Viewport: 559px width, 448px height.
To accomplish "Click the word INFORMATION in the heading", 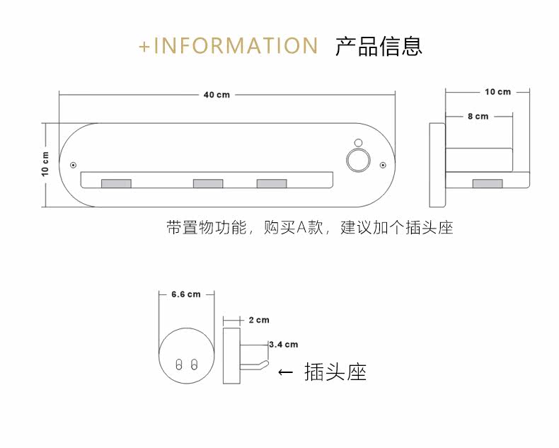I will tap(236, 46).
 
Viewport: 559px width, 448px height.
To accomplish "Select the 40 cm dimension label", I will tap(217, 94).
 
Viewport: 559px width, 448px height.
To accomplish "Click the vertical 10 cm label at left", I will tap(45, 164).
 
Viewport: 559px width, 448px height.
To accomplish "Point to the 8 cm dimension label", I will tap(478, 116).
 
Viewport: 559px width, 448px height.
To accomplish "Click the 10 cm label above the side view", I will tap(497, 92).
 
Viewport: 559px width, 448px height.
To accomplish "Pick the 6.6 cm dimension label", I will tap(186, 294).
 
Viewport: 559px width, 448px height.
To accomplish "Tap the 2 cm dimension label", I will tap(260, 321).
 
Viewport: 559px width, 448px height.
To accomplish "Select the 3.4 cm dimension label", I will tap(284, 345).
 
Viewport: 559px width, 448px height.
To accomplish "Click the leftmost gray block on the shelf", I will tap(116, 183).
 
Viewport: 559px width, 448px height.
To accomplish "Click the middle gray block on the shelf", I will tap(208, 183).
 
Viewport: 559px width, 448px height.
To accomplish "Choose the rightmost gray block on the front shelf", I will tap(272, 183).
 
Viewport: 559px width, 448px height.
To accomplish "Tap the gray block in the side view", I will tap(487, 183).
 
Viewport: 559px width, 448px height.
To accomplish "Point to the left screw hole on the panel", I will tap(74, 166).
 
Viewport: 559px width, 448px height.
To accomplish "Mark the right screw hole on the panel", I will tap(383, 166).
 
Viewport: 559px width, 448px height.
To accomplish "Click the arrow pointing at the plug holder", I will tap(285, 372).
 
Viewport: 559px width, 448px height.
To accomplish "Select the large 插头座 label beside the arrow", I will tap(335, 372).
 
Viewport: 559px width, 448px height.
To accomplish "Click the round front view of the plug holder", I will tap(186, 356).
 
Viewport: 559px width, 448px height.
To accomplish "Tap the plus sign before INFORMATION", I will tap(145, 47).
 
